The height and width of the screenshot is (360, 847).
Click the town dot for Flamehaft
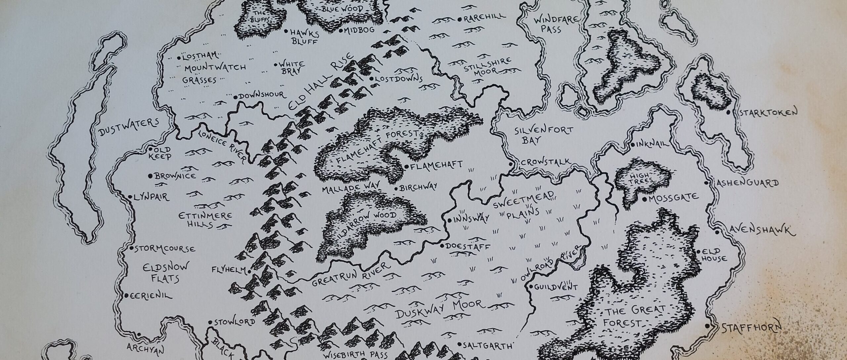click(x=407, y=166)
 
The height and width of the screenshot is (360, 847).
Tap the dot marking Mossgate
click(x=645, y=199)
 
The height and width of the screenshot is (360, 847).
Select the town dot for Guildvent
click(x=531, y=287)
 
